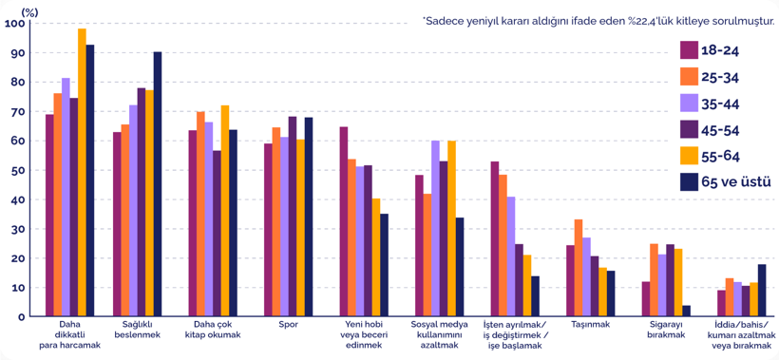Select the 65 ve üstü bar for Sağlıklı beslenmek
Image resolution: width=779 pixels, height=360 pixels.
tap(158, 184)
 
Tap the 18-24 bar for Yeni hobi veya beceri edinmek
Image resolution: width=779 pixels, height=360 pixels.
tap(344, 221)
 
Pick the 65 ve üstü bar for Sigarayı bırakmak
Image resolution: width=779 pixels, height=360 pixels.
tap(686, 311)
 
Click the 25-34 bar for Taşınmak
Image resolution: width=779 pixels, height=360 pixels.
tap(579, 268)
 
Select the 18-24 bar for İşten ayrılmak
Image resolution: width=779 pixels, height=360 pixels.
tap(495, 239)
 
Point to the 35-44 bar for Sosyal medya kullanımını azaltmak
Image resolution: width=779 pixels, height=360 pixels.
tap(435, 229)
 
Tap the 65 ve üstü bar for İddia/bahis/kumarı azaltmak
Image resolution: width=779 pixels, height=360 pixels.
tap(762, 291)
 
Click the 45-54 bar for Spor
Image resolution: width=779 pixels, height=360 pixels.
tap(293, 217)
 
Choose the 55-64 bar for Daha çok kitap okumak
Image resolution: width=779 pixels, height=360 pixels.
tap(225, 211)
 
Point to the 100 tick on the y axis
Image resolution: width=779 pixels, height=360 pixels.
tap(14, 24)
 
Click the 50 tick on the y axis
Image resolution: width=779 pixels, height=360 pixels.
tap(18, 170)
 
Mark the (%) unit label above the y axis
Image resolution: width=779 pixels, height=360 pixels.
tap(28, 8)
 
